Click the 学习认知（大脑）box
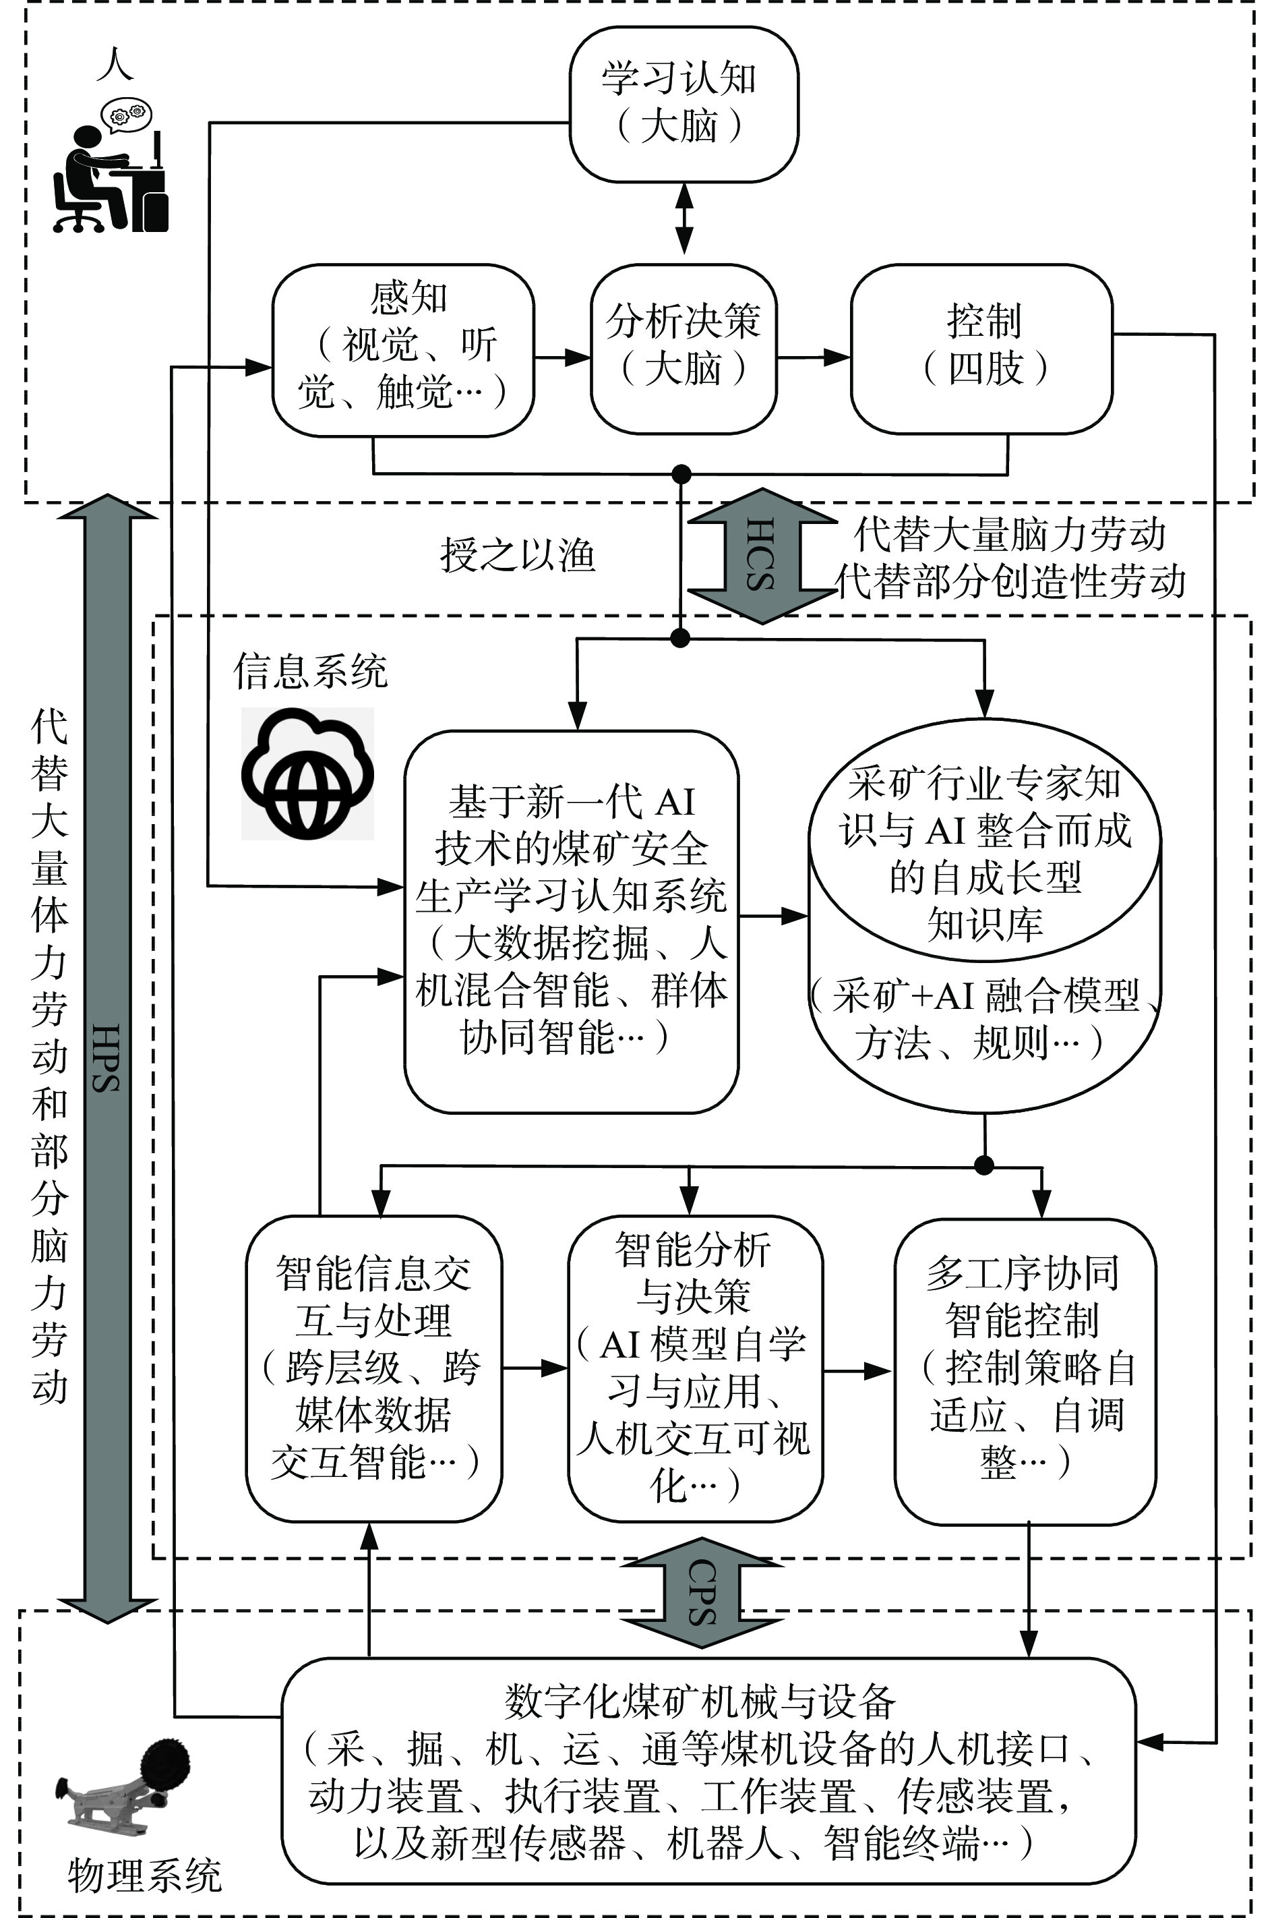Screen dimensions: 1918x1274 684,103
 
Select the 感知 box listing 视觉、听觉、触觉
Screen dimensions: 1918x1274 402,349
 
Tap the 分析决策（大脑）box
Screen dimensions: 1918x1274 684,349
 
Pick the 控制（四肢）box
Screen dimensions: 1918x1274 981,349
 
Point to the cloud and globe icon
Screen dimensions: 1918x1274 307,773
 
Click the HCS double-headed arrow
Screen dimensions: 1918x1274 761,556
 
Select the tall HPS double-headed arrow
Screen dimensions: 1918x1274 108,1057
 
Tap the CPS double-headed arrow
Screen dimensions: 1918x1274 701,1594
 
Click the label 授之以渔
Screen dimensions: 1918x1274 518,556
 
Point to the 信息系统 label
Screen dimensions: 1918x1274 310,671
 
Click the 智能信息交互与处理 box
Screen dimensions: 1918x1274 373,1368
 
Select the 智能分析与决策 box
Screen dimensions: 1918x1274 695,1368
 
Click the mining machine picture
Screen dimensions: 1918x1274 122,1782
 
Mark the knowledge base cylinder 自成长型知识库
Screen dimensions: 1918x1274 985,914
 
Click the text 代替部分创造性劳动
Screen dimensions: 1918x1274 1012,582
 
